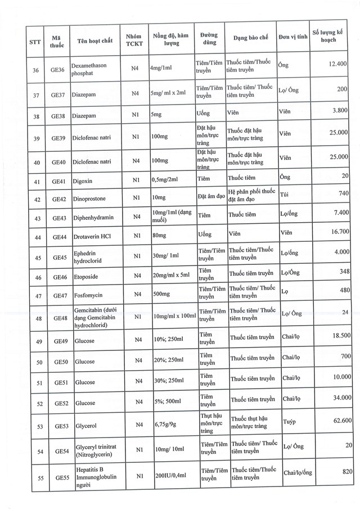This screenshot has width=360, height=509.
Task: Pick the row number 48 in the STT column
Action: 36,317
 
